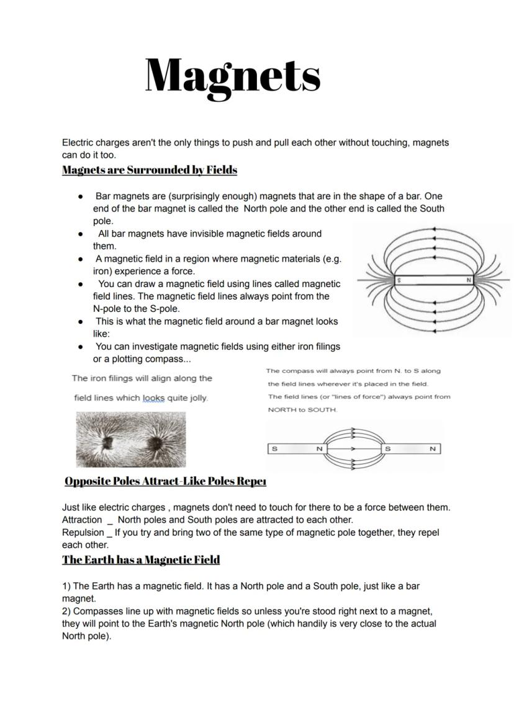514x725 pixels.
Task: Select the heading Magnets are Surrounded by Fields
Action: point(150,170)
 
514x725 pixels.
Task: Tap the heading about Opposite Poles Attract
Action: point(165,481)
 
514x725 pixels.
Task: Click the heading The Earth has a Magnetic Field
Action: point(141,560)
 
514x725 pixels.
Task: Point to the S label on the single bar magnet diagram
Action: point(399,281)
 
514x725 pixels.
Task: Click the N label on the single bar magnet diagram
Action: point(469,281)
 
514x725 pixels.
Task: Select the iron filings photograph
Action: point(130,439)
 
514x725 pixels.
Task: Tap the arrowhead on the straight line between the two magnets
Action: point(352,448)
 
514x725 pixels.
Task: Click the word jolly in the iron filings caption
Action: point(197,398)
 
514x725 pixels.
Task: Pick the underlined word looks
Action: point(154,398)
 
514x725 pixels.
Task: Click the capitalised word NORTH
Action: point(283,410)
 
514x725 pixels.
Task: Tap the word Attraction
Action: point(82,520)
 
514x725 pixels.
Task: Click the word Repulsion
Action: point(83,532)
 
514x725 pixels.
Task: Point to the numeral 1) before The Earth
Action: point(66,586)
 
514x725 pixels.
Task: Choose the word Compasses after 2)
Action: point(97,611)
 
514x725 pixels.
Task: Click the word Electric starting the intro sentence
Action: point(78,143)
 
